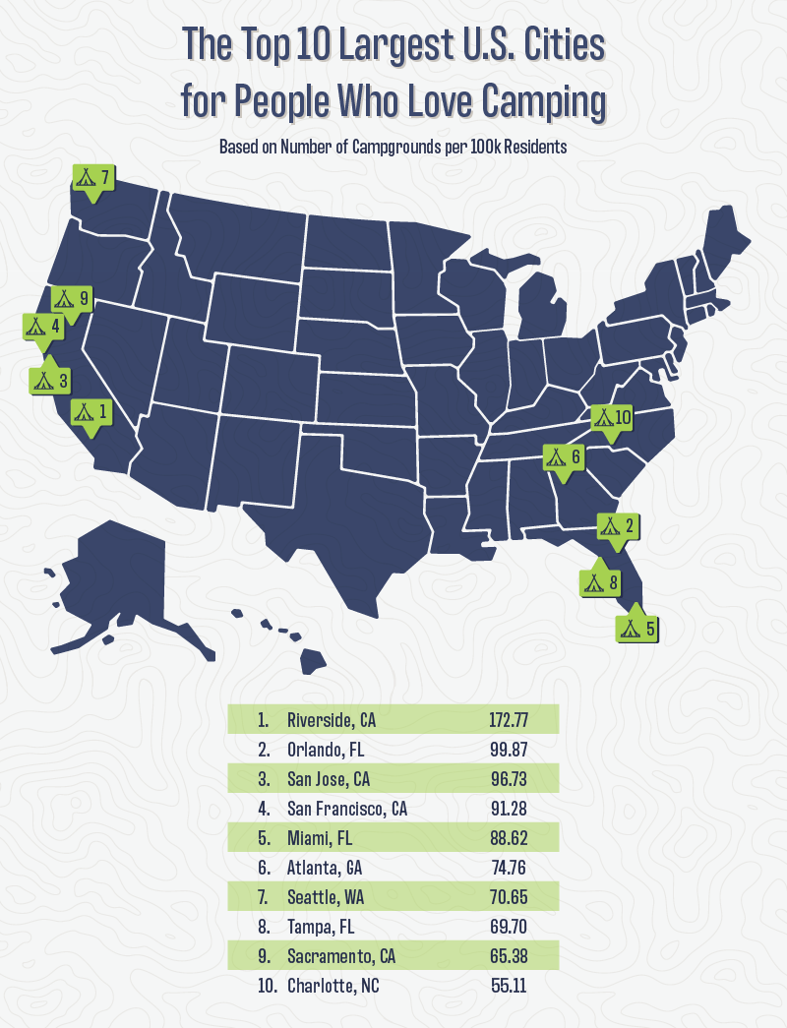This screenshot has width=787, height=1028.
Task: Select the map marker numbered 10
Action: (612, 418)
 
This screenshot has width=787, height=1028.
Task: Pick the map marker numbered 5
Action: (636, 626)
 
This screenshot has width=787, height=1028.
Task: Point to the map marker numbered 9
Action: (72, 299)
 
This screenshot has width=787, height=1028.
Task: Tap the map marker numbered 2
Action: (616, 526)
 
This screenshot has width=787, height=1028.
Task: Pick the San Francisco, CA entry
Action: (347, 809)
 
